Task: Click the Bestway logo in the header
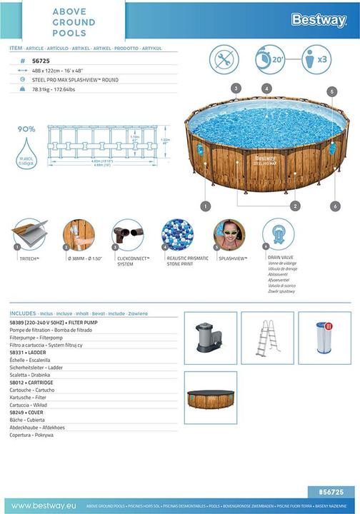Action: click(x=319, y=20)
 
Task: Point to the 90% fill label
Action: click(x=26, y=129)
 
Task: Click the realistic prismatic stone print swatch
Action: click(x=175, y=234)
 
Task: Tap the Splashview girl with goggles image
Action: click(x=229, y=234)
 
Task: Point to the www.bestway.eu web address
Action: click(x=40, y=506)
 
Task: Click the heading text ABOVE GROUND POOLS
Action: click(x=74, y=23)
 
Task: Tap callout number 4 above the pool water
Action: click(x=266, y=89)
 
